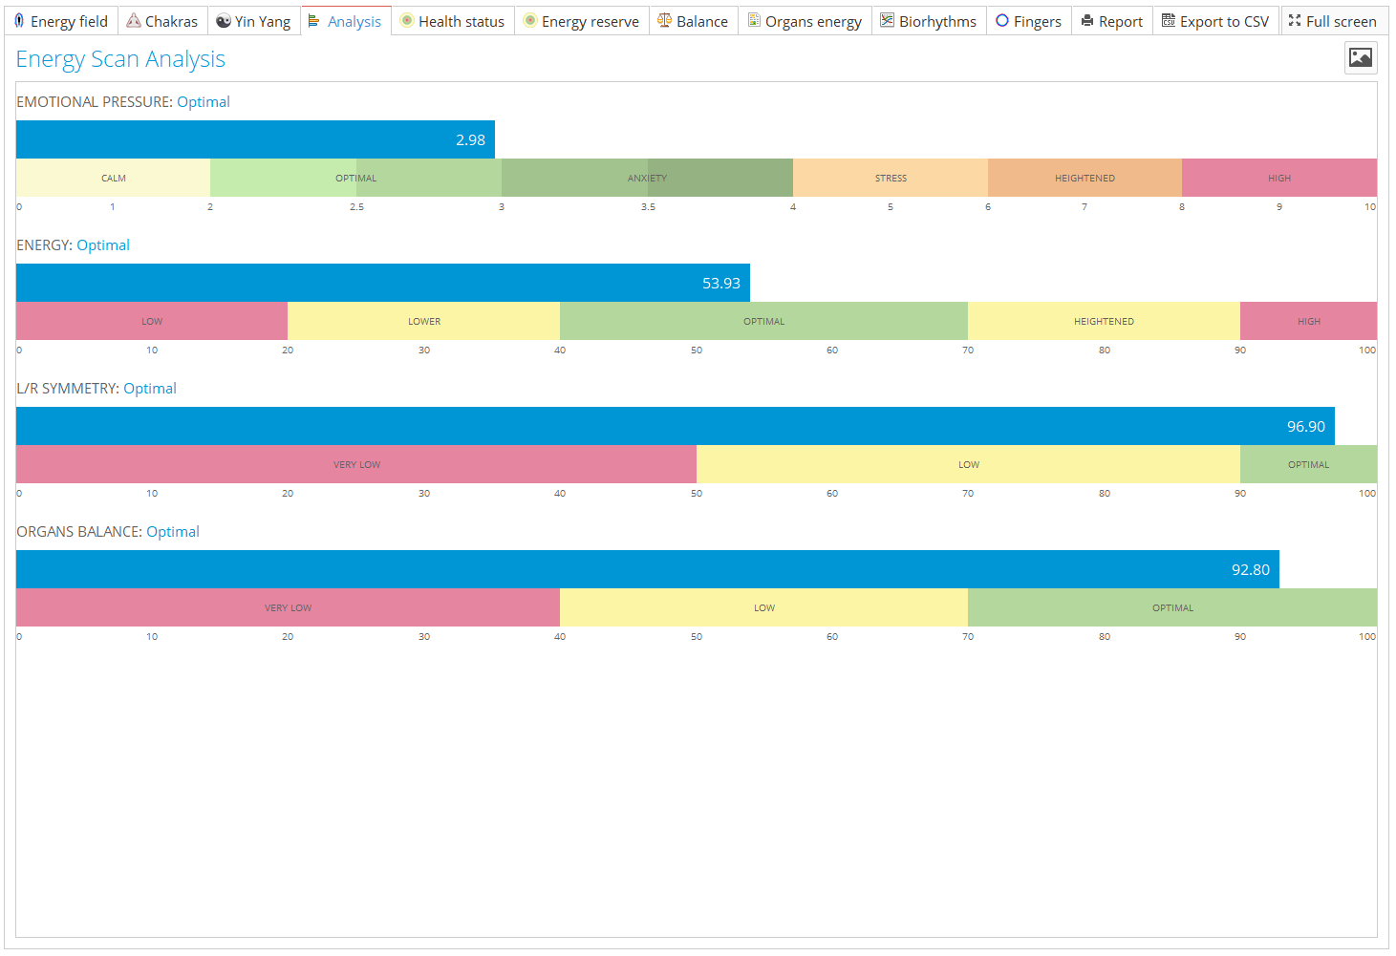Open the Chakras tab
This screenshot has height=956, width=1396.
pyautogui.click(x=162, y=21)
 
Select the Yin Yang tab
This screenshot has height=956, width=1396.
pyautogui.click(x=253, y=21)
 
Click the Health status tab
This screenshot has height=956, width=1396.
pyautogui.click(x=453, y=21)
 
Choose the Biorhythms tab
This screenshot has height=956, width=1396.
pyautogui.click(x=929, y=21)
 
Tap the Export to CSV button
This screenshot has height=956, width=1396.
pyautogui.click(x=1215, y=21)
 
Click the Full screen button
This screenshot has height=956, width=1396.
pyautogui.click(x=1333, y=21)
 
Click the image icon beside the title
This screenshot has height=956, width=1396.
pyautogui.click(x=1361, y=58)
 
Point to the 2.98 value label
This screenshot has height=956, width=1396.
pyautogui.click(x=470, y=140)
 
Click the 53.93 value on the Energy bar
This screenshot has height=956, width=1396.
pyautogui.click(x=721, y=284)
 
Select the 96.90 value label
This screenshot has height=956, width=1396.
pyautogui.click(x=1305, y=427)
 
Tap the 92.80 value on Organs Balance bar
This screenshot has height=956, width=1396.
pyautogui.click(x=1250, y=570)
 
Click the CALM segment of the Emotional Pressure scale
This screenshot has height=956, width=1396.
pyautogui.click(x=114, y=179)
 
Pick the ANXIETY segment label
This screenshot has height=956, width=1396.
pyautogui.click(x=647, y=179)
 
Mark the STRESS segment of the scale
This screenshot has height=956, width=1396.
pyautogui.click(x=891, y=179)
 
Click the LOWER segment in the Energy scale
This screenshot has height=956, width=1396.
pyautogui.click(x=424, y=322)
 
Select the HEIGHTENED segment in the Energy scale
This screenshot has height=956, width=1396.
pyautogui.click(x=1104, y=322)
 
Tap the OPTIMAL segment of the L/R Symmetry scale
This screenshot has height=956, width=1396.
pyautogui.click(x=1308, y=465)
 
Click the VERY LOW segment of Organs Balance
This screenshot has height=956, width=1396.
pyautogui.click(x=288, y=608)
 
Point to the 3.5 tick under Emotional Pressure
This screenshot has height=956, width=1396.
pyautogui.click(x=648, y=207)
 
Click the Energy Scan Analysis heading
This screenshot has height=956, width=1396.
pyautogui.click(x=120, y=59)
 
